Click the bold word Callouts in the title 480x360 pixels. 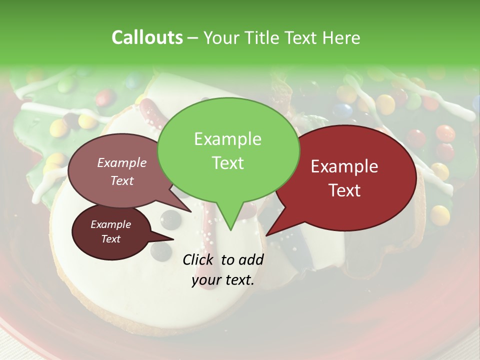(147, 37)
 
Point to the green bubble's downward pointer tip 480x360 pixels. (230, 229)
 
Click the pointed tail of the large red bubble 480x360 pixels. (267, 234)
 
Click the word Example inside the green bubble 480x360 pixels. (227, 139)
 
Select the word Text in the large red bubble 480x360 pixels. (345, 190)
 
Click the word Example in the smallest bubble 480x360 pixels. (110, 224)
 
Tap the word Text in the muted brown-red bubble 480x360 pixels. (121, 180)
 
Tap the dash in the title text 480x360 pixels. (193, 38)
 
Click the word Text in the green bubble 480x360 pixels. (227, 163)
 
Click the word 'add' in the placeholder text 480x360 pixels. (251, 259)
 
